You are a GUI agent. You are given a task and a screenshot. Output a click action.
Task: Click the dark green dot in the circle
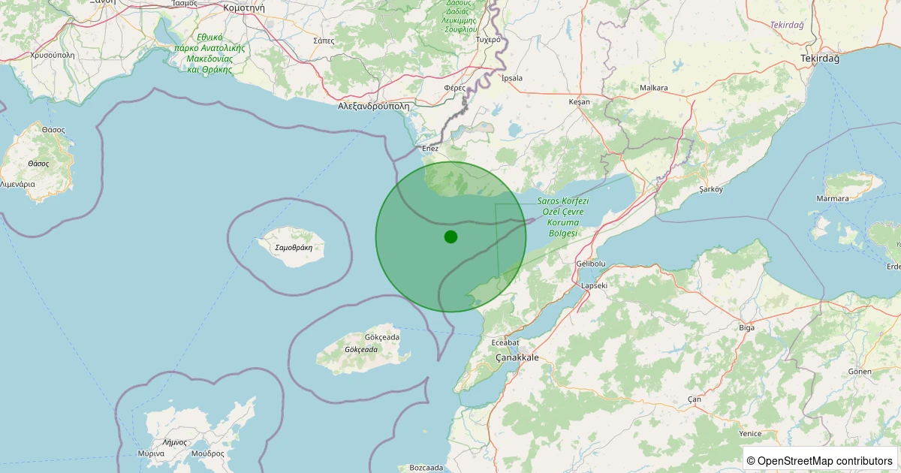(x=450, y=236)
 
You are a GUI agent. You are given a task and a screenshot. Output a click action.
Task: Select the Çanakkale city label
(x=517, y=358)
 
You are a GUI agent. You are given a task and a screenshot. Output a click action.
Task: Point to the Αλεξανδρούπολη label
(x=374, y=107)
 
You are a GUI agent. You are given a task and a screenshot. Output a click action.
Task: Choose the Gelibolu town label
(x=590, y=264)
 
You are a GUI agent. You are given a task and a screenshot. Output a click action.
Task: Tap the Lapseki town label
(x=593, y=286)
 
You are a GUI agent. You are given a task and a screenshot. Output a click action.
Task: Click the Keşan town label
(x=580, y=101)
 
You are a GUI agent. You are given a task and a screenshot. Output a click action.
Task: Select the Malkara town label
(x=653, y=88)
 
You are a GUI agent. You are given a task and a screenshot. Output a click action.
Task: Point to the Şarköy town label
(x=710, y=189)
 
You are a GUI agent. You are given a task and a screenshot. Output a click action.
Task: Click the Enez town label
(x=430, y=149)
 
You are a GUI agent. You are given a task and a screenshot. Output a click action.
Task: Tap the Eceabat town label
(x=505, y=342)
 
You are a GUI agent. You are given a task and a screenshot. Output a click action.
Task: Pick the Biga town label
(x=746, y=327)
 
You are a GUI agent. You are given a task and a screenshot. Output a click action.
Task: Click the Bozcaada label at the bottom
(x=426, y=468)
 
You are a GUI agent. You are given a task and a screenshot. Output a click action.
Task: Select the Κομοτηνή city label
(x=244, y=8)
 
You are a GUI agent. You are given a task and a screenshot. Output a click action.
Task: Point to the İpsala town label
(x=512, y=77)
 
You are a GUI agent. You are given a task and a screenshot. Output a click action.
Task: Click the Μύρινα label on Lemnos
(x=151, y=453)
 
